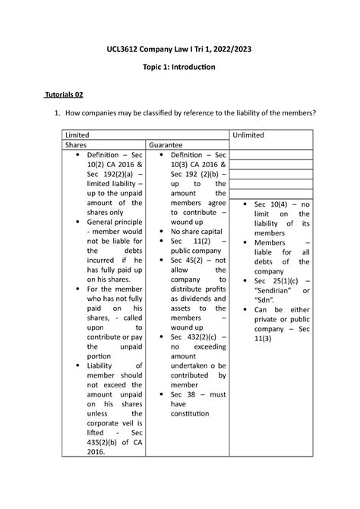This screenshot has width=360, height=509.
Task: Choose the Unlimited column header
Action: point(248,134)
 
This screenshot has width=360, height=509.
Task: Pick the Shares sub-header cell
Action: point(76,144)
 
